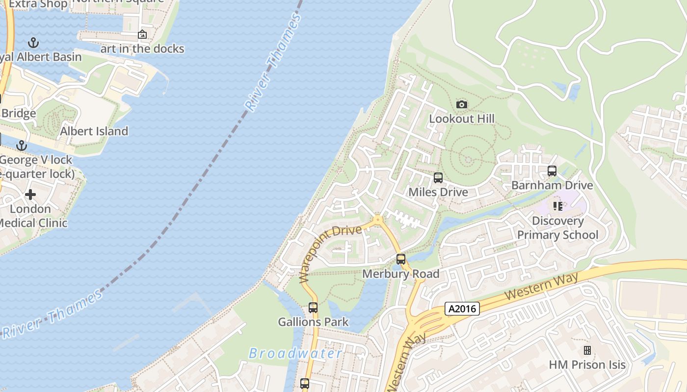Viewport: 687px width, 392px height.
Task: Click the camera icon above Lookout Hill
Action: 461,104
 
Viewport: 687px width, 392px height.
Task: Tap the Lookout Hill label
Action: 462,119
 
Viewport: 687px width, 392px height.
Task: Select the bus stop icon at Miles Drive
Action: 438,178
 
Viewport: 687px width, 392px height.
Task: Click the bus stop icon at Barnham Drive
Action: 552,171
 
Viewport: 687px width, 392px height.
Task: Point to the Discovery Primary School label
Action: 558,228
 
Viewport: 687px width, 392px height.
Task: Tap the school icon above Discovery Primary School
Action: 558,206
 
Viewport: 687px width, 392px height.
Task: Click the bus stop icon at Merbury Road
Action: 401,259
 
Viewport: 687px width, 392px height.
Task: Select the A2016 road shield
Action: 462,309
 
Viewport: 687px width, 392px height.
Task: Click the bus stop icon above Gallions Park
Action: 313,308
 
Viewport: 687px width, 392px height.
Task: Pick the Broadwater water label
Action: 295,353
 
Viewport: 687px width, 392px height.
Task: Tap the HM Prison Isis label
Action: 587,365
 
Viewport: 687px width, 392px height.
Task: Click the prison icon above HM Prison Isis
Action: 587,350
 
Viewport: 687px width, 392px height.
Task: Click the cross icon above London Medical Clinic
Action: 30,195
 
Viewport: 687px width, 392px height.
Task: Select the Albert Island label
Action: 94,131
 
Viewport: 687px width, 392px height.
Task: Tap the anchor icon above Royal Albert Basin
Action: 33,43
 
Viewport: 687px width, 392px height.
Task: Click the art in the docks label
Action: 142,49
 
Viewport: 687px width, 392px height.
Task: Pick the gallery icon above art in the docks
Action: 142,34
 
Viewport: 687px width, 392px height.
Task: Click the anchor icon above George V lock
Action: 21,146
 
